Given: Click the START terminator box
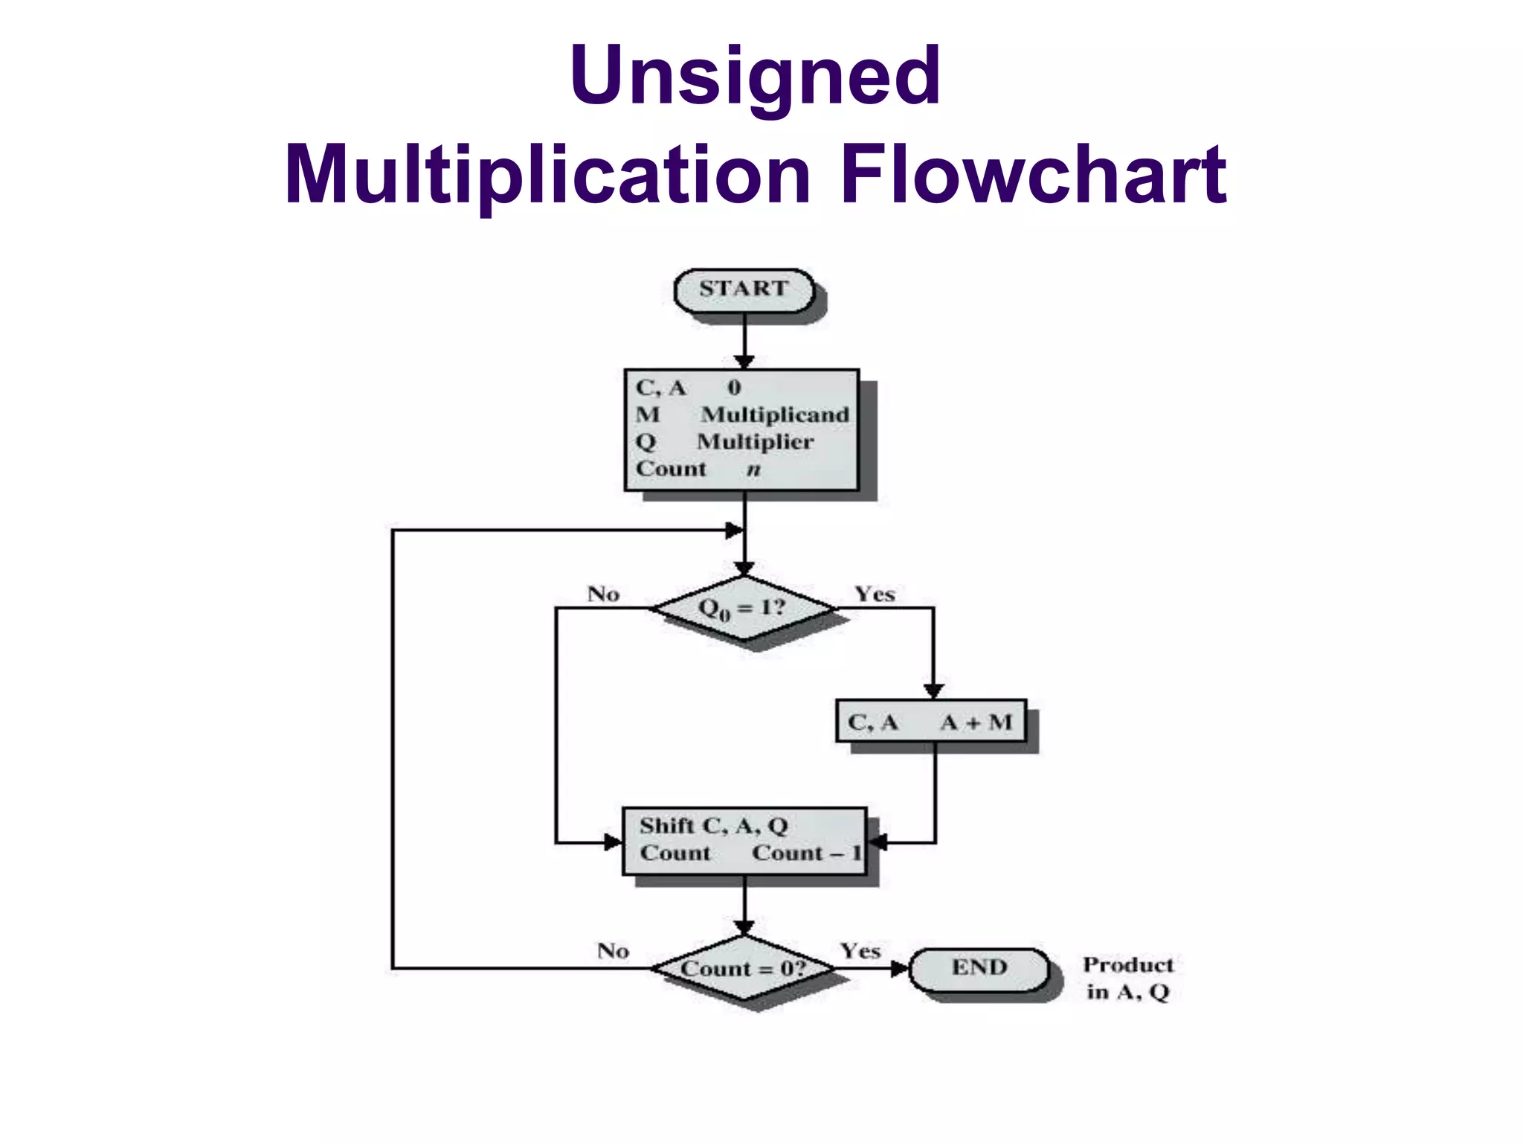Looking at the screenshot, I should click(743, 289).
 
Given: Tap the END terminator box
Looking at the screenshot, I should click(979, 968).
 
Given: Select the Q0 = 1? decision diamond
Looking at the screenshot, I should click(743, 608).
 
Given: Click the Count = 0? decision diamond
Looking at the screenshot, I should click(743, 968).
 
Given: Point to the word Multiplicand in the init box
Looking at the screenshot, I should click(775, 414).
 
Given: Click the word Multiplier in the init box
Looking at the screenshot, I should click(755, 442).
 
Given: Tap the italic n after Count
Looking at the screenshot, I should click(753, 470).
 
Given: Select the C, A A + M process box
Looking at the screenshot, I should click(930, 721).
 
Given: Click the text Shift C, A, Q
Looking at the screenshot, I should click(713, 826).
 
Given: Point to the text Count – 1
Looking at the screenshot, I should click(806, 853).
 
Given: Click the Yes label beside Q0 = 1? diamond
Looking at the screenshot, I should click(875, 594).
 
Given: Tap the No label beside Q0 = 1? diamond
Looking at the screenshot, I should click(603, 594).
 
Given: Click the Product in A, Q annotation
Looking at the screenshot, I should click(1127, 978).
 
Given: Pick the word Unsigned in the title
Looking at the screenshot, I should click(755, 76).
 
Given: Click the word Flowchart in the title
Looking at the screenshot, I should click(1033, 175).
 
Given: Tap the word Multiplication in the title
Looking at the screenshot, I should click(547, 175).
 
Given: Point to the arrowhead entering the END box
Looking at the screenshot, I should click(900, 968).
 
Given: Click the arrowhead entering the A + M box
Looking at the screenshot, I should click(934, 691).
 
